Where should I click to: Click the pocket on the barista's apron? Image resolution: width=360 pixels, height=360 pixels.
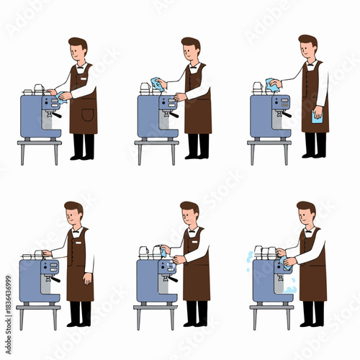87,115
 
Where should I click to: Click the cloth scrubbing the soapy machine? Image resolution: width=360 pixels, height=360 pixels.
287,264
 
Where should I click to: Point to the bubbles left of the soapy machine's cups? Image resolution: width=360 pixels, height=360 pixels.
250,256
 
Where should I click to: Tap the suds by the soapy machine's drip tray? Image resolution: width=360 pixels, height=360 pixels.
289,290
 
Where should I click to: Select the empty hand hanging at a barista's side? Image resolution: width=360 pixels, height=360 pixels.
86,278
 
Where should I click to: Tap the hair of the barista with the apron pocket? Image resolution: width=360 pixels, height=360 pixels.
78,44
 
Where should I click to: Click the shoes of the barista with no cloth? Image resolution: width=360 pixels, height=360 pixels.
80,323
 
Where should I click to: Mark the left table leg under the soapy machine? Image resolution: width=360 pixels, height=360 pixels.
253,317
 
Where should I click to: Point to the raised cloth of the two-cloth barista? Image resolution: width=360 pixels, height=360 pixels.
271,85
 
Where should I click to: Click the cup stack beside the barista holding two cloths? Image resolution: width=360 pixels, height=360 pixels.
258,88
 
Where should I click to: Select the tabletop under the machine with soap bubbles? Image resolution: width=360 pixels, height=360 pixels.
271,306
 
